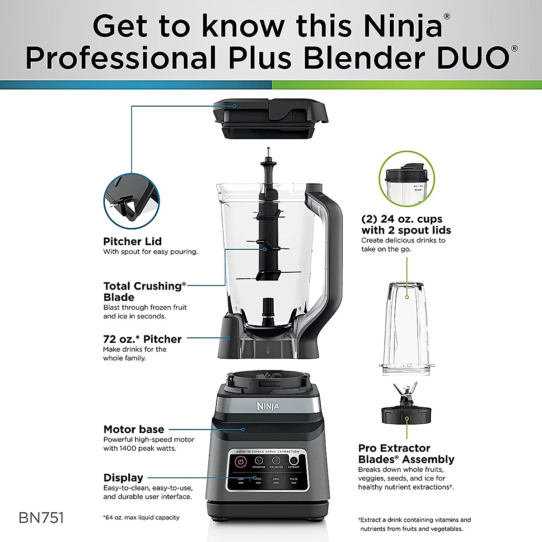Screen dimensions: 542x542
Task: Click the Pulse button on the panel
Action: point(294,481)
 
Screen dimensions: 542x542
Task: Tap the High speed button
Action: point(276,481)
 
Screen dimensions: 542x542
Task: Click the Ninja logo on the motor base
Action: point(268,406)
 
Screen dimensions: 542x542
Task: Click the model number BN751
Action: point(41,518)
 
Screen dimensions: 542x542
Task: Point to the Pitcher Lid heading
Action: point(132,241)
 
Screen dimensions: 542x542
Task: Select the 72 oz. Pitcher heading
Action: point(142,339)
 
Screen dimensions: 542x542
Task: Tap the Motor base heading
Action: point(134,429)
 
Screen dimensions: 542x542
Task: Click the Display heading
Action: point(123,477)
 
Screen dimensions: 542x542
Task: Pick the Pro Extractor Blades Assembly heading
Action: point(406,453)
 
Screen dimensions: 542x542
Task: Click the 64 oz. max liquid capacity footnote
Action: point(141,518)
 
